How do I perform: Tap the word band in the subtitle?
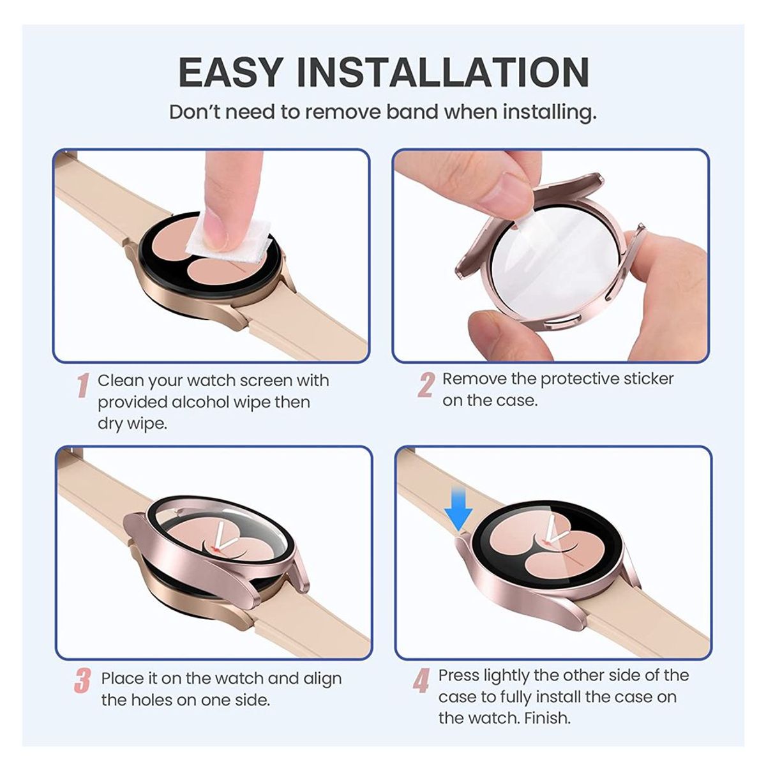412,112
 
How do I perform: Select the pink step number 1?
82,386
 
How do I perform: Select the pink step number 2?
426,385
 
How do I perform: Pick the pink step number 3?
82,680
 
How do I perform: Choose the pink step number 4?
421,681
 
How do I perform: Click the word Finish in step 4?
547,718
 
